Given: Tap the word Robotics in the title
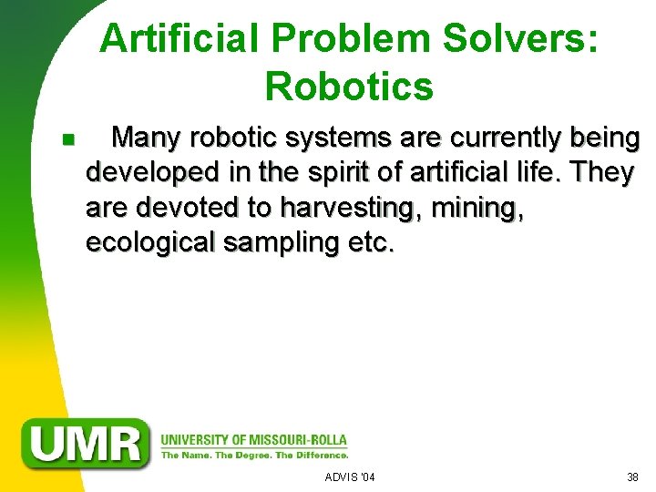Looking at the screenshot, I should point(349,86).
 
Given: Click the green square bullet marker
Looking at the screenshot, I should point(67,140).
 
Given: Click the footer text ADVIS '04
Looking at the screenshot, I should point(350,477).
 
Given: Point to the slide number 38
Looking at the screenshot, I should point(632,477).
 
